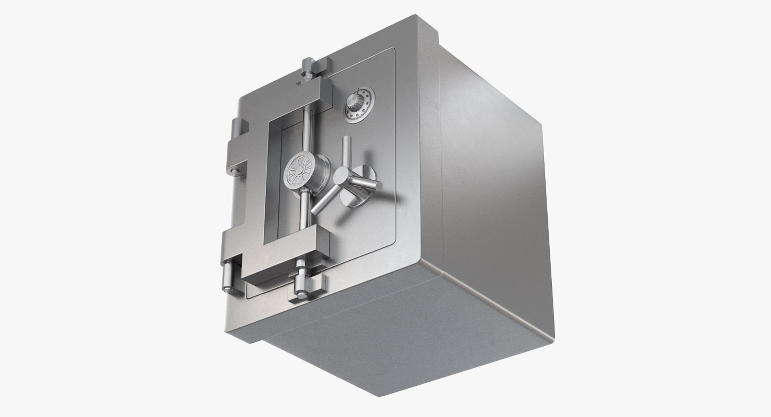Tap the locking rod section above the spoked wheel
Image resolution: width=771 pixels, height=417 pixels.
pyautogui.click(x=307, y=129)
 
